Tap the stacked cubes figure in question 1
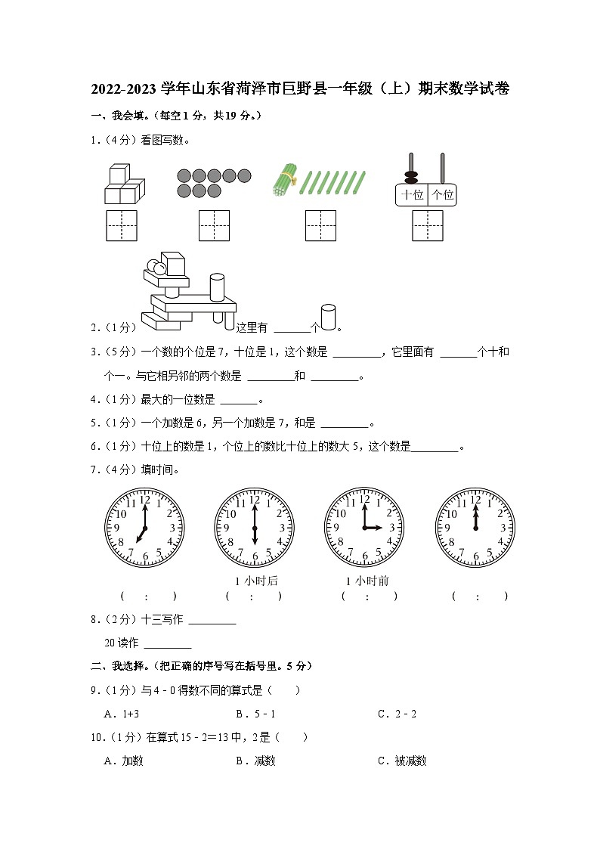point(123,185)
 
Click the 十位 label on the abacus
point(412,194)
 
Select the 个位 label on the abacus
point(442,194)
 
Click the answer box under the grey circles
point(214,225)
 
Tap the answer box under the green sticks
point(320,225)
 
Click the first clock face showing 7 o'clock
point(144,527)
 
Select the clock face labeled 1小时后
point(255,527)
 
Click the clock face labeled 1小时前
point(364,527)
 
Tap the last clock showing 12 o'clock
point(475,527)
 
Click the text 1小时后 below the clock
point(256,581)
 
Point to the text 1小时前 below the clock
point(367,581)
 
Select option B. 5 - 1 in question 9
point(255,714)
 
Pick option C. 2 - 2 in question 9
point(397,714)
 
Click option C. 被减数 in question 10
point(402,761)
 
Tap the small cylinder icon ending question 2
point(328,318)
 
